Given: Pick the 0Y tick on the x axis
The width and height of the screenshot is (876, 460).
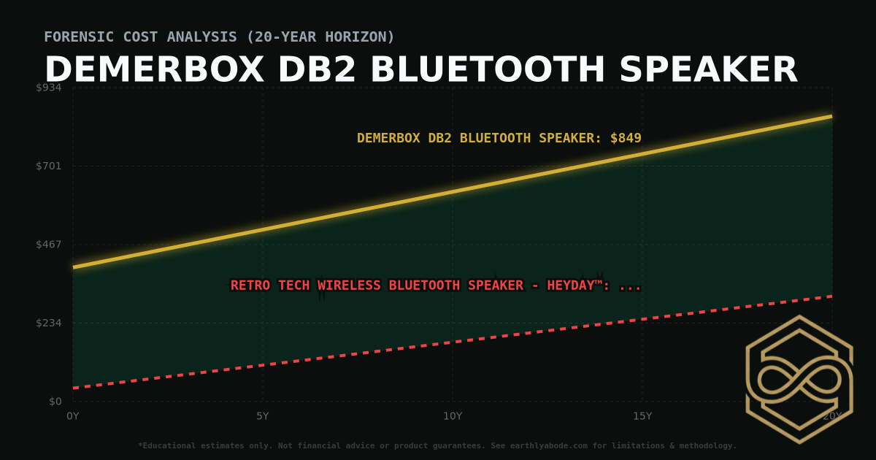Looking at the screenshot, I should pos(73,416).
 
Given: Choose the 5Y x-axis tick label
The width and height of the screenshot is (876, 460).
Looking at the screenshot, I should pos(263,416).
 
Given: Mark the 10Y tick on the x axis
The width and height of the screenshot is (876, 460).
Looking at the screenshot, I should pos(453,416).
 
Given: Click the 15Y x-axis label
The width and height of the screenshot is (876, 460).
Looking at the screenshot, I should pos(642,416).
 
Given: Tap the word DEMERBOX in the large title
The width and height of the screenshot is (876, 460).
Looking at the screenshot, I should pos(154,70).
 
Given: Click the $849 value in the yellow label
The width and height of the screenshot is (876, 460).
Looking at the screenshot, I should pos(626,138).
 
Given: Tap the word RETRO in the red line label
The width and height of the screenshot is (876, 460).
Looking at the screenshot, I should pos(251,285).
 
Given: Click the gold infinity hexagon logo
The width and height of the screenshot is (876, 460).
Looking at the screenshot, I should pos(799,379).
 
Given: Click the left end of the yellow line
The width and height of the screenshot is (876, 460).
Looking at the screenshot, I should pos(74,267).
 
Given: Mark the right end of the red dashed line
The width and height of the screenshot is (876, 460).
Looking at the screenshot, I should pos(831,296).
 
